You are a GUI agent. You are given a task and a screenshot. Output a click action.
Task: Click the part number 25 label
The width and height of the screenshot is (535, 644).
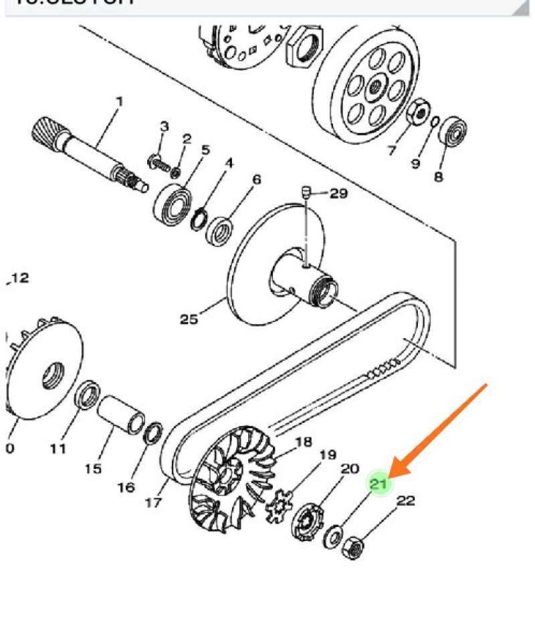click(x=189, y=319)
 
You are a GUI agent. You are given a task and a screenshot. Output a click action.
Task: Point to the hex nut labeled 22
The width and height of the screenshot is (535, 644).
click(x=352, y=548)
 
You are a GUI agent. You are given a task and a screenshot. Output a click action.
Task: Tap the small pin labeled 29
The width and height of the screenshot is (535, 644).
click(x=304, y=193)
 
